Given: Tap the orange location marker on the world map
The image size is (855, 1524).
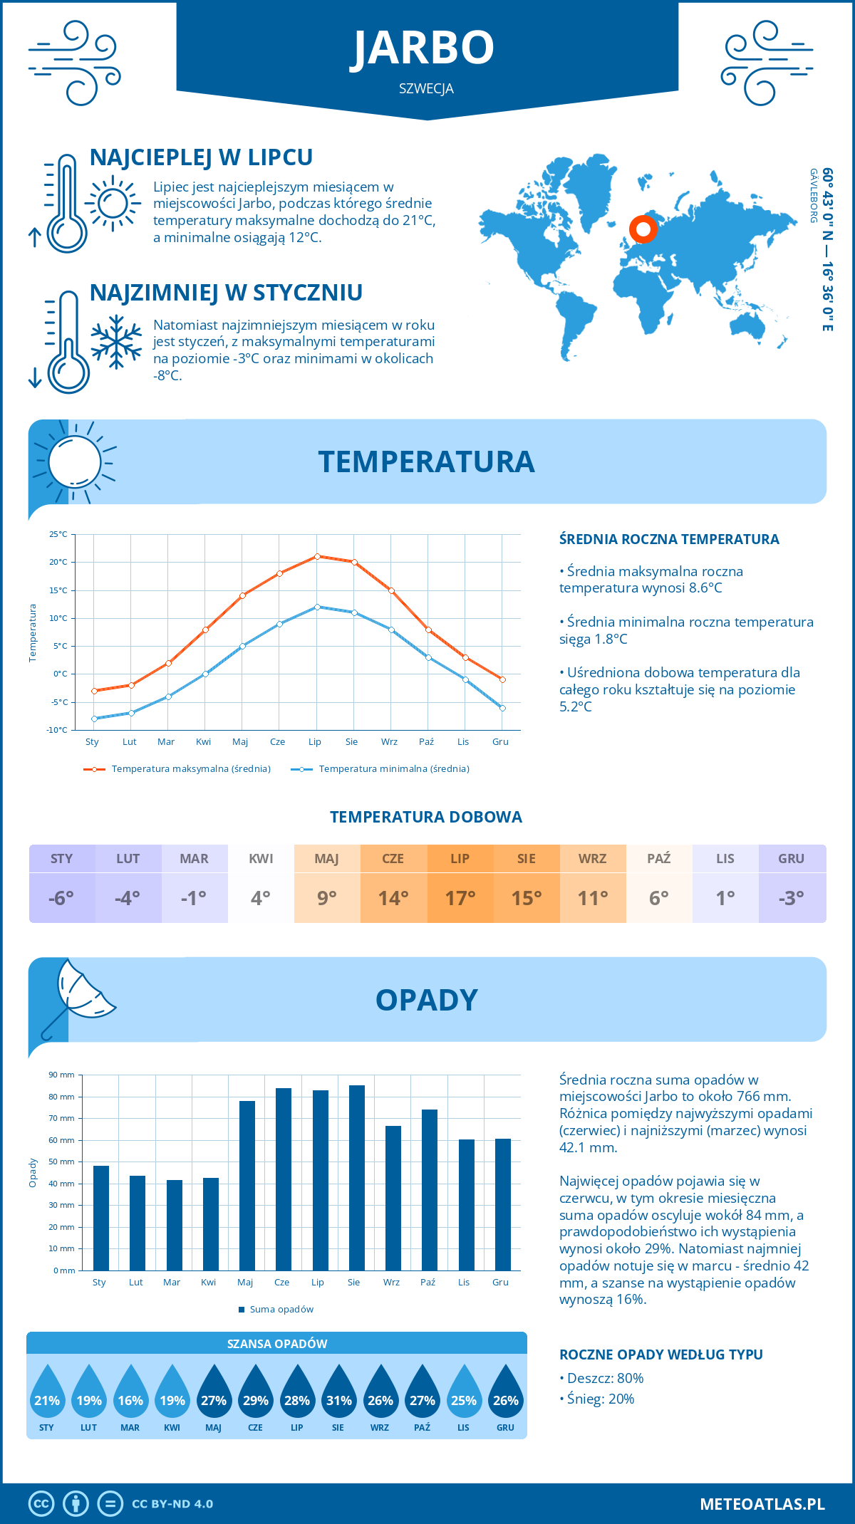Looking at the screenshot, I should pyautogui.click(x=643, y=229).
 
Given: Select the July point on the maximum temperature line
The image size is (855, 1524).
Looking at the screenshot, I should pyautogui.click(x=317, y=556).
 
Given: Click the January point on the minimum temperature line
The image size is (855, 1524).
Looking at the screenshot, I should pyautogui.click(x=94, y=719).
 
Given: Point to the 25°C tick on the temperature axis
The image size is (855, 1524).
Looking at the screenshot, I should pyautogui.click(x=58, y=534).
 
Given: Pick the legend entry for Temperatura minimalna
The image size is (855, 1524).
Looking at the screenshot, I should pyautogui.click(x=380, y=769).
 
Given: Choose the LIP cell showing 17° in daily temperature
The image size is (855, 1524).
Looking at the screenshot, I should pyautogui.click(x=460, y=897).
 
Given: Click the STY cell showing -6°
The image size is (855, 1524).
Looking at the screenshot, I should pyautogui.click(x=62, y=897).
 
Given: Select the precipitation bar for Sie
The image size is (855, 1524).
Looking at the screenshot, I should pyautogui.click(x=357, y=1178).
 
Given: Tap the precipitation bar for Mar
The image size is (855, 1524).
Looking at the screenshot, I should pyautogui.click(x=175, y=1225).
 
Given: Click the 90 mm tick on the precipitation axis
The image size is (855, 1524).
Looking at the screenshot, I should pyautogui.click(x=62, y=1075).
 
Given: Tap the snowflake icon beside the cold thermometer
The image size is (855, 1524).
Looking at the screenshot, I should pyautogui.click(x=117, y=342).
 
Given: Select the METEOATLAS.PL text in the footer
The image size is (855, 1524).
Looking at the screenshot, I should pyautogui.click(x=762, y=1504).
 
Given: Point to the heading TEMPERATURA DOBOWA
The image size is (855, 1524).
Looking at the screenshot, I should pyautogui.click(x=426, y=818).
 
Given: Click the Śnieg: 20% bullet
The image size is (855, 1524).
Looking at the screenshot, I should pyautogui.click(x=601, y=1399).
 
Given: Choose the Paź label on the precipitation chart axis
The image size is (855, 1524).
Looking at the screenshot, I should pyautogui.click(x=427, y=1283).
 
